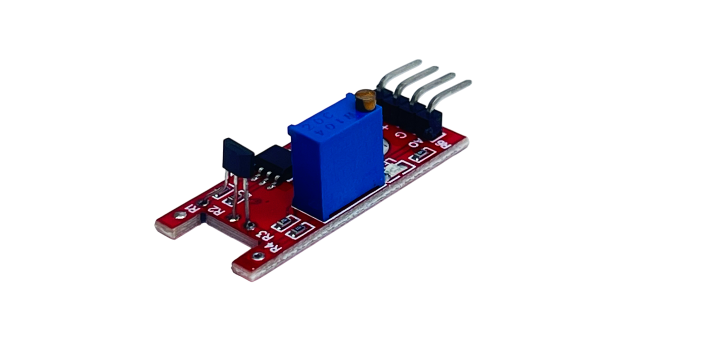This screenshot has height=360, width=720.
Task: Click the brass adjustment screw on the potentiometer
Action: (366, 100)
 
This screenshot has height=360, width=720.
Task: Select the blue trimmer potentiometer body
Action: (337, 169)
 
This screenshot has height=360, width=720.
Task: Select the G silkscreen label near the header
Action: (400, 135)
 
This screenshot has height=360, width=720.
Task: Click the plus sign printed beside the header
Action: (385, 129)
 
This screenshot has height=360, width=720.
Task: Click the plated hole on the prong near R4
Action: (256, 256)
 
